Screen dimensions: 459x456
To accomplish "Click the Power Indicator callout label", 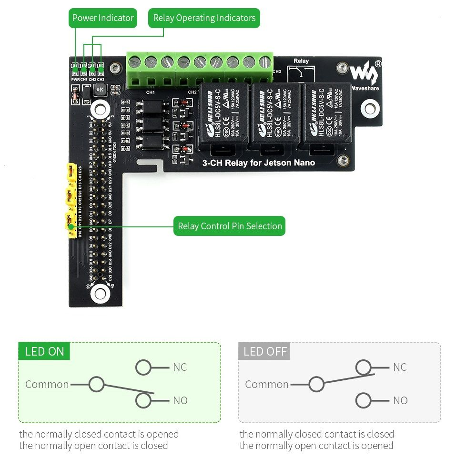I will (103, 18).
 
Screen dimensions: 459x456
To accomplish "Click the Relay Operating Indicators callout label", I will (204, 18).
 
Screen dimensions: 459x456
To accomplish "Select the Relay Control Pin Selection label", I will (230, 226).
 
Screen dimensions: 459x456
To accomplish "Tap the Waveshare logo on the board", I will (365, 72).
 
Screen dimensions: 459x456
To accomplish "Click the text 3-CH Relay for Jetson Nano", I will (259, 163).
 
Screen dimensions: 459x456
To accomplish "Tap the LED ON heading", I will (44, 352).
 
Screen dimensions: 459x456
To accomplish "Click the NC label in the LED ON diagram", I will (180, 367).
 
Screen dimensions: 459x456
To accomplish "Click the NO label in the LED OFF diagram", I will (400, 400).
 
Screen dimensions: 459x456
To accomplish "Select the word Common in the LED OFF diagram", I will (267, 384).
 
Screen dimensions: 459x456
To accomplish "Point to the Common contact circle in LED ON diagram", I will (96, 384).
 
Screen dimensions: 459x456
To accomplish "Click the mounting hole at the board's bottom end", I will (100, 292).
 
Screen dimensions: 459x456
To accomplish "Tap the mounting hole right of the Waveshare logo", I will (370, 108).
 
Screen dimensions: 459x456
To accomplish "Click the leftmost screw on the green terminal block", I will (135, 61).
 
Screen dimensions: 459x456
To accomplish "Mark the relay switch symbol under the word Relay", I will (301, 73).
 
